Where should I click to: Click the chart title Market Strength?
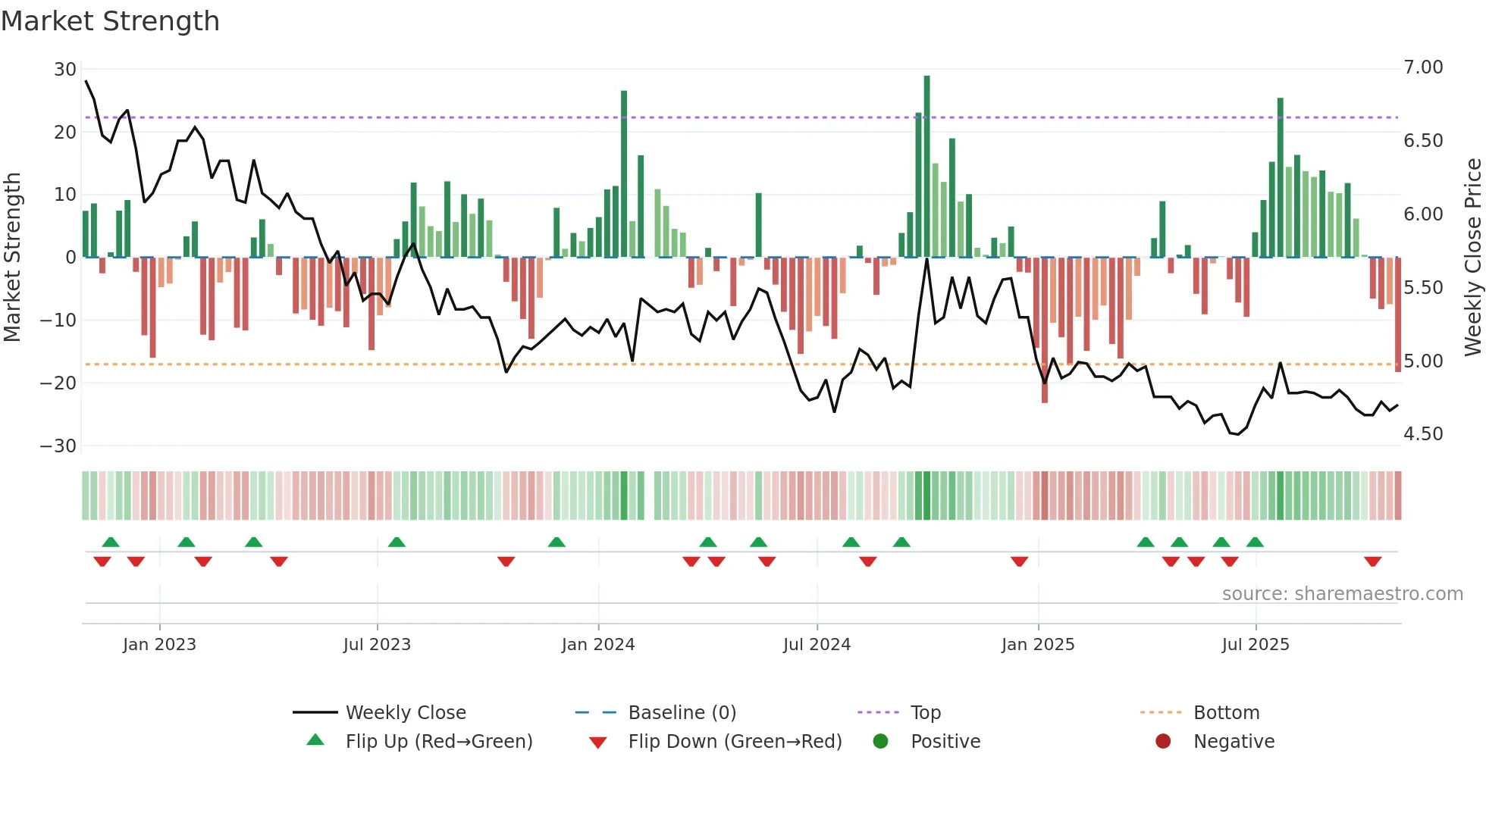110,21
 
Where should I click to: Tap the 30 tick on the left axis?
64,70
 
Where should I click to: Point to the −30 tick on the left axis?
58,446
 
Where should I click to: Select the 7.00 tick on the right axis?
1423,67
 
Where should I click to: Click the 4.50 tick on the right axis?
1423,434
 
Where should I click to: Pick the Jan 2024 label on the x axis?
597,645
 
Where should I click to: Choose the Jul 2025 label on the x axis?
1255,645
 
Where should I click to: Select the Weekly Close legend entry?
405,713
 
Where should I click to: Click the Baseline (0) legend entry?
682,713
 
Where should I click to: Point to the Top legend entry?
925,713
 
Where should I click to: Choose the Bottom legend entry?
1226,713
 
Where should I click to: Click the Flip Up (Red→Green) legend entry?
438,742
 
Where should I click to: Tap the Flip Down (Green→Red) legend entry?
735,742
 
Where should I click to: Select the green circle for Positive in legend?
880,741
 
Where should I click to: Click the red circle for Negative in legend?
1163,741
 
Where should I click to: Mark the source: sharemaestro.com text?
1342,594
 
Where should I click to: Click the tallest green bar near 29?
926,167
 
